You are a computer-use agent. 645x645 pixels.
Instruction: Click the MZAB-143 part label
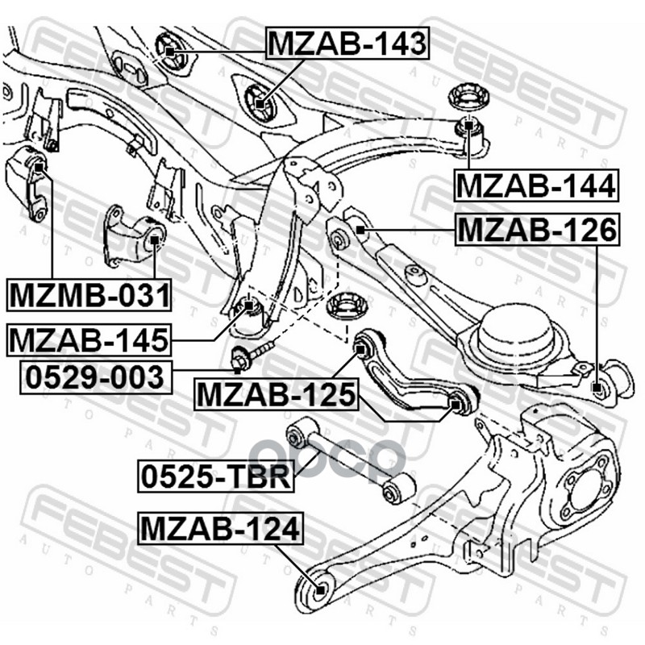[347, 43]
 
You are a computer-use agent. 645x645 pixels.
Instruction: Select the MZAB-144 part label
[536, 187]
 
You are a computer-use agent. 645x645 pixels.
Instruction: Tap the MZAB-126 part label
[537, 231]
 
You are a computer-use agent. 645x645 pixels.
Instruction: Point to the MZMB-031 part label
[89, 295]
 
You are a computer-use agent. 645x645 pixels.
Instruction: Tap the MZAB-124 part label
[220, 529]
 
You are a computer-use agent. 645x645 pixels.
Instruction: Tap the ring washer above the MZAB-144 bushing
[467, 98]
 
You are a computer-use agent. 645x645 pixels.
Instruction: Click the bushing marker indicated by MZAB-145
[250, 306]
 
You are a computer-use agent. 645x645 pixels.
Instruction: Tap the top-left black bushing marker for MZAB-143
[170, 50]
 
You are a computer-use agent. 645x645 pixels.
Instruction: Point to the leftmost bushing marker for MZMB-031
[35, 165]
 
